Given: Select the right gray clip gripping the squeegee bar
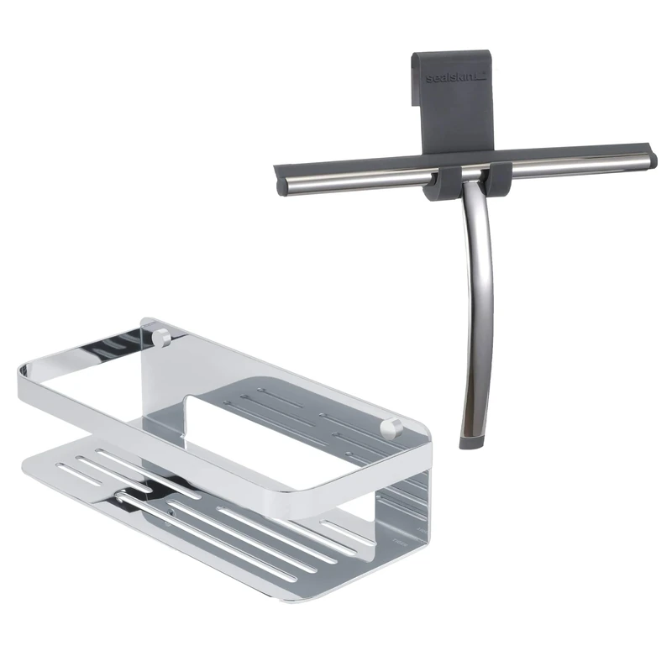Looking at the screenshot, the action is [x=496, y=180].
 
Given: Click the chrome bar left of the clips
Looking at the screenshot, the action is [x=355, y=180].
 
